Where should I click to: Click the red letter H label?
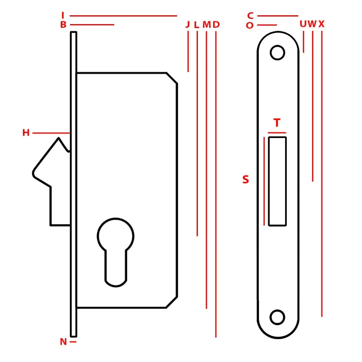26,132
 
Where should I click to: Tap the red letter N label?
63,341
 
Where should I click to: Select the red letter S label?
246,179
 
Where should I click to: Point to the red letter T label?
277,123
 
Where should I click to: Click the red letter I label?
63,15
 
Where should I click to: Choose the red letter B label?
63,25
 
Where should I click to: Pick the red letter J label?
188,24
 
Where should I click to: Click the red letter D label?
216,24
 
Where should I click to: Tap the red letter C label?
250,16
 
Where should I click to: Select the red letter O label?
249,25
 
